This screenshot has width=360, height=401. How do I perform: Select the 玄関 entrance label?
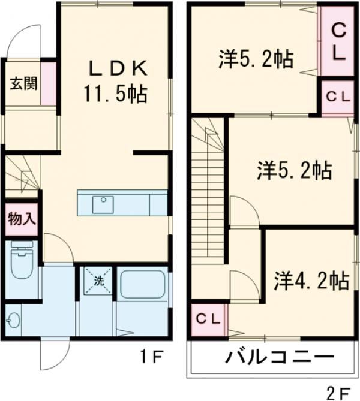pos(23,83)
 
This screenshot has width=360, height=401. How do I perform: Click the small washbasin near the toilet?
pos(13,320)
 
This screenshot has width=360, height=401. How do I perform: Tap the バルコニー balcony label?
pos(279,358)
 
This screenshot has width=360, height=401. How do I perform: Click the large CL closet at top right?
pos(338,41)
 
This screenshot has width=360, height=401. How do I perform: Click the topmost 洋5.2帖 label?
pos(255,59)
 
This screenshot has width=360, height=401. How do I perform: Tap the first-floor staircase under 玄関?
pos(22,174)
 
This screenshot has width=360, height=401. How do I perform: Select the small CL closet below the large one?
pos(338,95)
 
